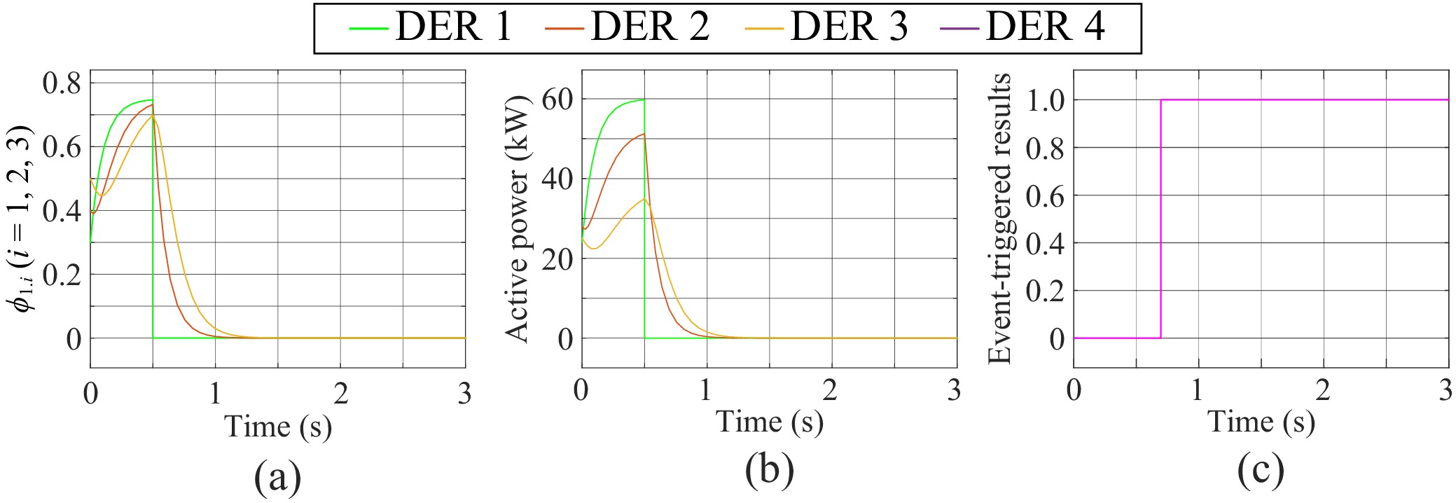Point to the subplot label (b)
click(769, 471)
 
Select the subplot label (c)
click(1261, 471)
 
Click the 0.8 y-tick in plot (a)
click(62, 83)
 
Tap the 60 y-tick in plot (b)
click(557, 99)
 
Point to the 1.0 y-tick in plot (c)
click(1045, 100)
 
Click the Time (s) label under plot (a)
click(277, 427)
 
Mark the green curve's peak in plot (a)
click(151, 100)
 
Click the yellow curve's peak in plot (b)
click(644, 200)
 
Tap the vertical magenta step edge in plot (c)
click(1161, 219)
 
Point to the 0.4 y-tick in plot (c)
click(1045, 243)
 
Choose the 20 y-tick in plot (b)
click(557, 259)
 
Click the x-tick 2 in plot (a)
click(340, 394)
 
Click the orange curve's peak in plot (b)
click(644, 134)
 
